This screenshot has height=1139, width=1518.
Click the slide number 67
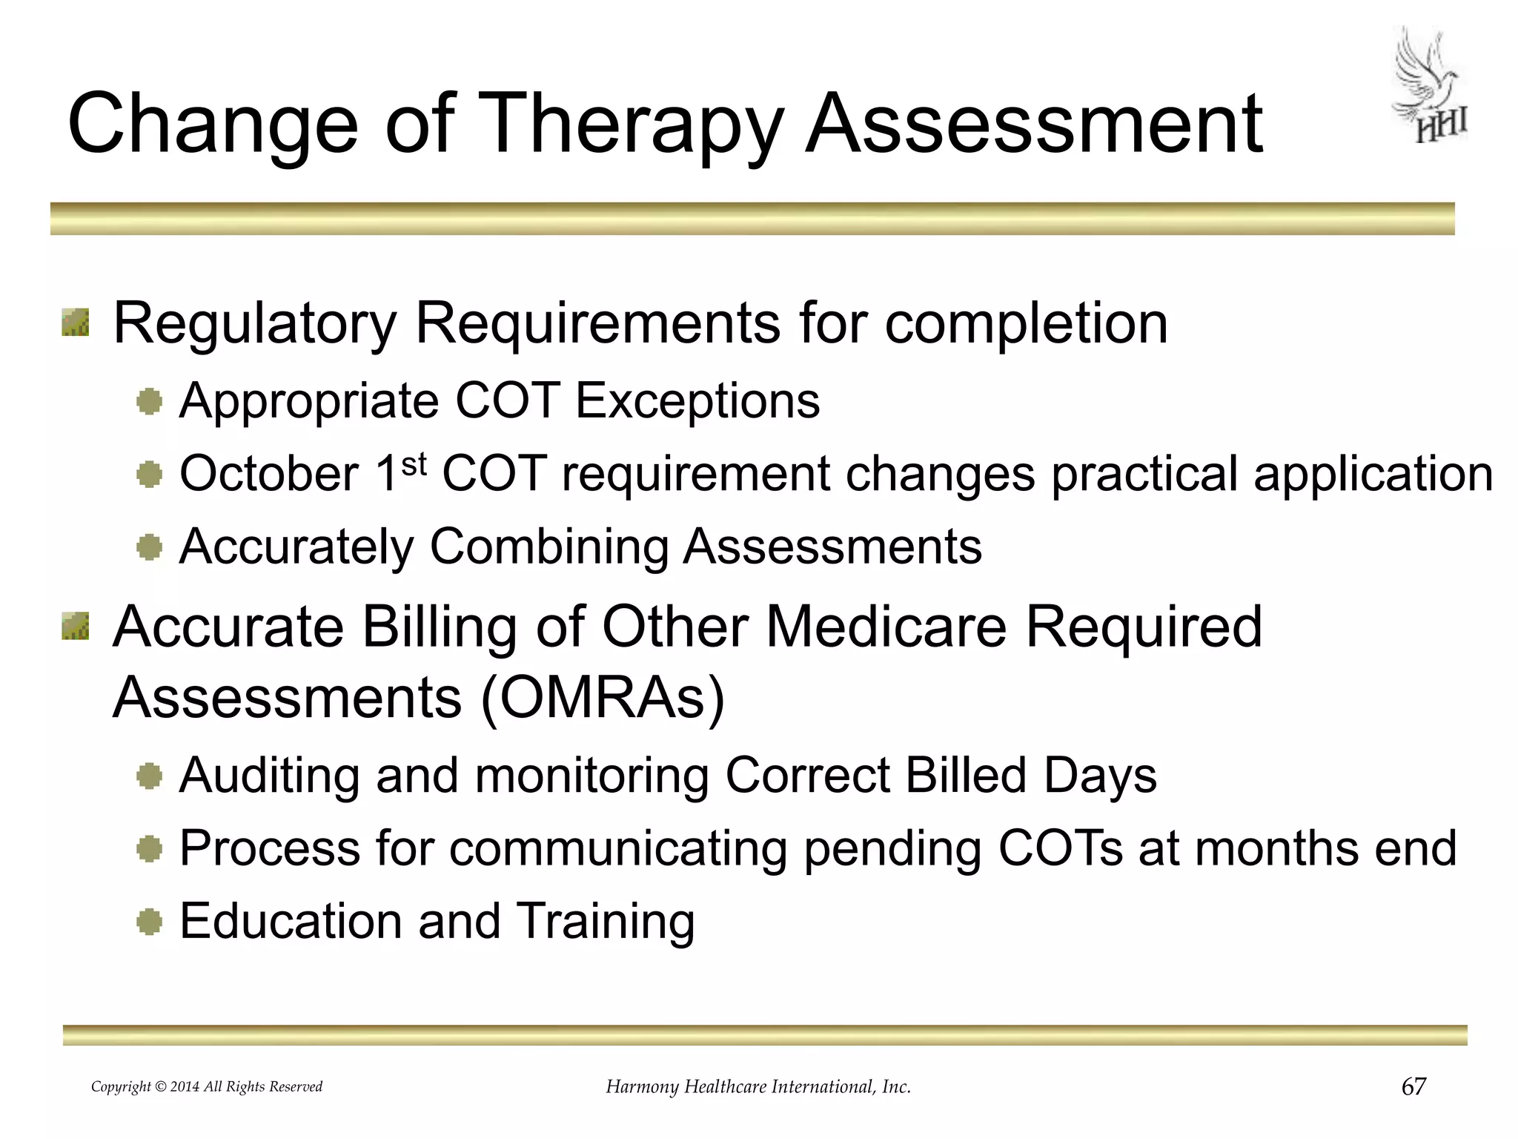1413,1086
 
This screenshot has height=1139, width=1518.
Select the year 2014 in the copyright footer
185,1087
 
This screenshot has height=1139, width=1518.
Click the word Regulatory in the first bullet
254,324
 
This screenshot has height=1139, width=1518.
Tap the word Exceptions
697,400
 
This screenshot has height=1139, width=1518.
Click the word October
269,474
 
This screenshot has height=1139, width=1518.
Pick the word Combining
549,547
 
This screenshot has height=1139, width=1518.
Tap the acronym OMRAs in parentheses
602,698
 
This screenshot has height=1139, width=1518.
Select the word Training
605,921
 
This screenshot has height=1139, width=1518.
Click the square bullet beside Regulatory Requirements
76,323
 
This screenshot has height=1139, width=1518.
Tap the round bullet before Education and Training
150,922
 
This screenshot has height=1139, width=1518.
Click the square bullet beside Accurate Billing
76,626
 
